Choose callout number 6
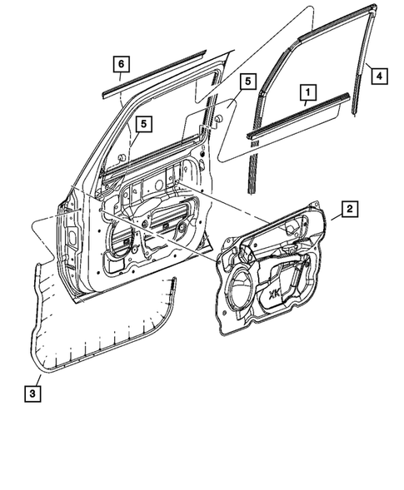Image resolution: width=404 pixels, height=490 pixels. coord(121,63)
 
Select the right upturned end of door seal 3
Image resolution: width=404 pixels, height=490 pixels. coord(175,287)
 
